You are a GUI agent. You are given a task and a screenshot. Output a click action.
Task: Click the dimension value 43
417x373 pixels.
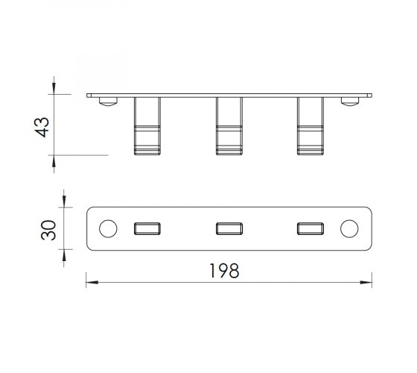click(42, 128)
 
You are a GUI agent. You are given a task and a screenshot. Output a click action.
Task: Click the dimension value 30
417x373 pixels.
click(48, 231)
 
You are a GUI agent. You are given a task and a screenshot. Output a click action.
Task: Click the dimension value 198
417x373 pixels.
click(224, 271)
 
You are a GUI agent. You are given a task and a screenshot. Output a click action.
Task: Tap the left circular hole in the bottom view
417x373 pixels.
click(108, 228)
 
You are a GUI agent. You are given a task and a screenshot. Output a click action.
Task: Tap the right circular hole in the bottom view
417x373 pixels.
click(349, 228)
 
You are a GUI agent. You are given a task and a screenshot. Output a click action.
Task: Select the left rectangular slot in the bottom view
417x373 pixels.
click(147, 228)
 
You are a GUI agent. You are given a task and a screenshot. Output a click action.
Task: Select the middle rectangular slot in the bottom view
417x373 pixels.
click(229, 228)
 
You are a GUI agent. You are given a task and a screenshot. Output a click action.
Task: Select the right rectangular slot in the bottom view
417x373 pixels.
click(311, 228)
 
